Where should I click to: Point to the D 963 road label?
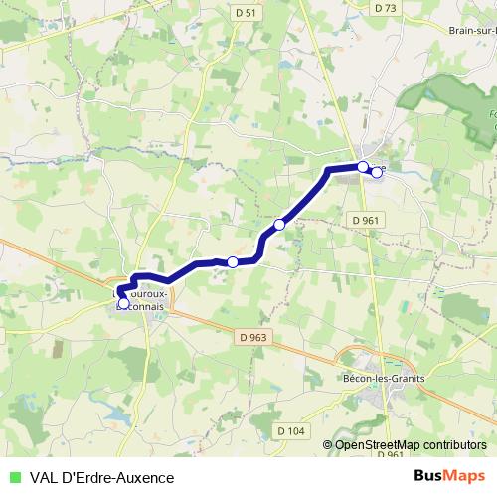click(254, 337)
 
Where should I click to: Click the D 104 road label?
click(290, 429)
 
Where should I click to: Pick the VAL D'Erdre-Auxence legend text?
click(102, 478)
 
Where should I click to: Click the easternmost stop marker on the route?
click(377, 172)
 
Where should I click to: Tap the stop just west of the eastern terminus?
click(363, 166)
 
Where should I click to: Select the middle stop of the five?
click(279, 226)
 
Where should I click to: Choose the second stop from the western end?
click(233, 261)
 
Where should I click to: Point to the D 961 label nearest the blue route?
click(364, 219)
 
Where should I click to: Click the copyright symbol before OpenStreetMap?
click(328, 444)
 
